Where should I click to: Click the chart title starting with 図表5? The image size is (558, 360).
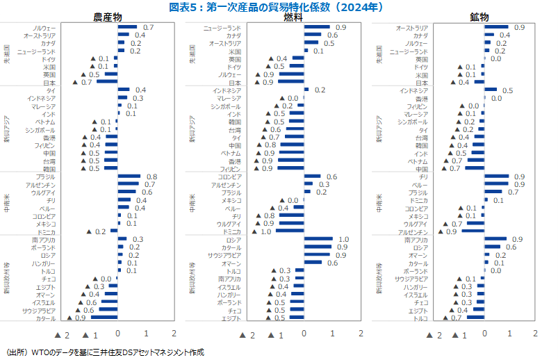(279, 7)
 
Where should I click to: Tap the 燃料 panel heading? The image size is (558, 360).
(293, 17)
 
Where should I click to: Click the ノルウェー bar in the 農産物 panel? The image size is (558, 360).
(127, 26)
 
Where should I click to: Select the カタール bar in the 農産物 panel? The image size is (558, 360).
(104, 318)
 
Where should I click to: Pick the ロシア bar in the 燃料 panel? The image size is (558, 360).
(319, 239)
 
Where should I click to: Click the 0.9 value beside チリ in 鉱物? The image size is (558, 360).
(518, 177)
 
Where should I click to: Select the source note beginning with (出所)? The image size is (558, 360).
(104, 352)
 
